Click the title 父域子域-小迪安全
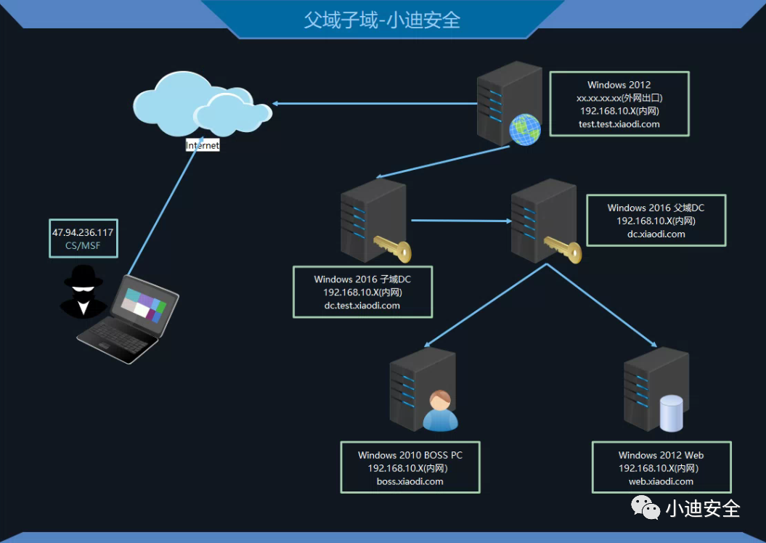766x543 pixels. point(382,20)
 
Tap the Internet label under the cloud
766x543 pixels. point(202,145)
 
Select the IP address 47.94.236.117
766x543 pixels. point(83,232)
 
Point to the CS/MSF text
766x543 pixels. point(83,246)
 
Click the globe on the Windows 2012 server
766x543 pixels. point(525,129)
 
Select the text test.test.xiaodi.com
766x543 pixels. point(619,124)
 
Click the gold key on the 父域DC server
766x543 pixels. point(563,248)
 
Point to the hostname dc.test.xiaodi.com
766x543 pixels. point(362,306)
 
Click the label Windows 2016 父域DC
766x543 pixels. point(656,208)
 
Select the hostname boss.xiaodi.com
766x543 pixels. point(410,481)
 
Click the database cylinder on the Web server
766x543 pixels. point(670,412)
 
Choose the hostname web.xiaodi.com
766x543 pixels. point(661,481)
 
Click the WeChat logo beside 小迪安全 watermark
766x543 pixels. point(645,507)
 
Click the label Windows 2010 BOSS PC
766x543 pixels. point(410,455)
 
